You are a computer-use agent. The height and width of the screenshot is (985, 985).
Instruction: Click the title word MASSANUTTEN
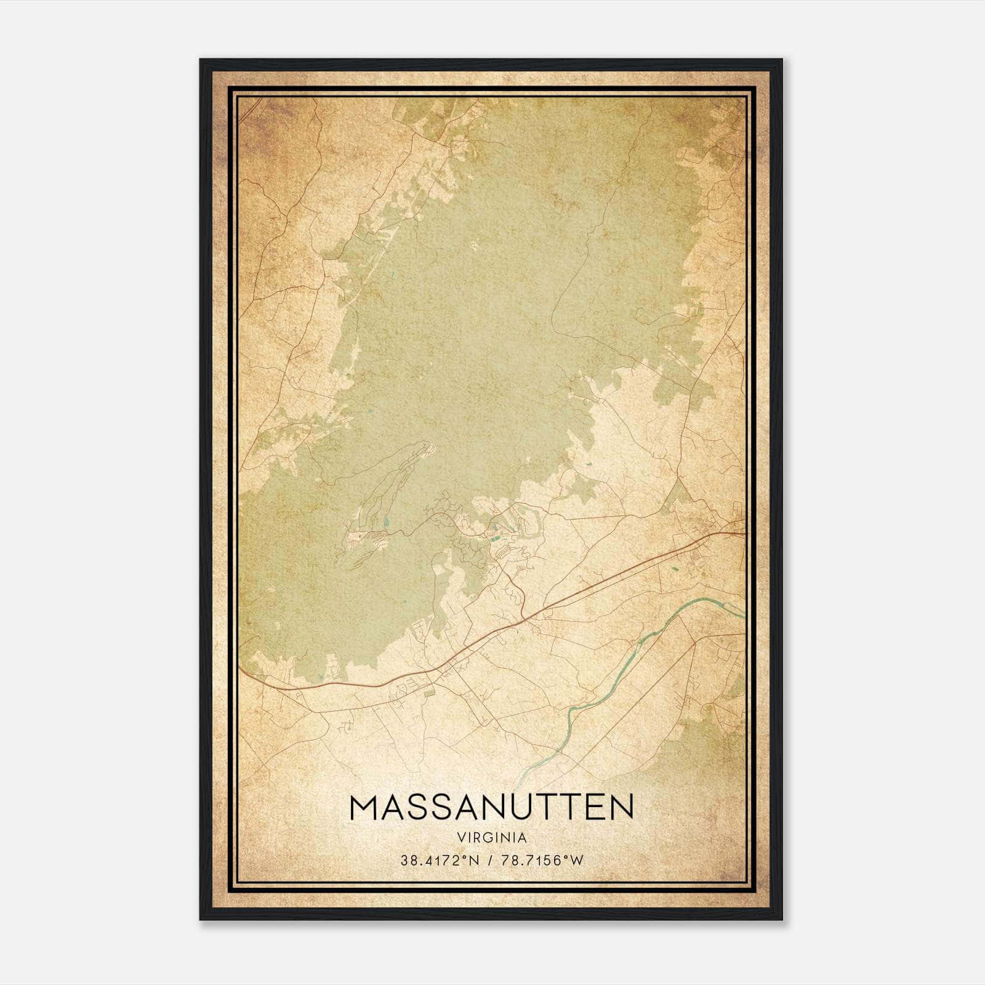point(491,807)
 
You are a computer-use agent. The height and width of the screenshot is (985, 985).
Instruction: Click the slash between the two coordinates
point(488,861)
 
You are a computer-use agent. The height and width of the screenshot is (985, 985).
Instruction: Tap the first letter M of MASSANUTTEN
point(363,807)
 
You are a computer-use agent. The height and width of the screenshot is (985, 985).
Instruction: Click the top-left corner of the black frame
point(201,60)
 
